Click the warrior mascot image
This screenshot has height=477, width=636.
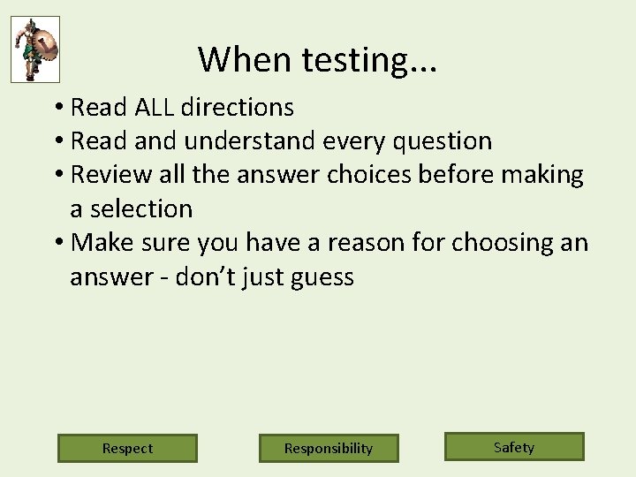[x=35, y=49]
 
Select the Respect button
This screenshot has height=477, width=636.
[x=127, y=448]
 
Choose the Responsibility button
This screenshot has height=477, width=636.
[x=329, y=448]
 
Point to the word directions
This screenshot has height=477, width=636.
[x=237, y=108]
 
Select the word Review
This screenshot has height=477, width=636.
[x=109, y=175]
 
